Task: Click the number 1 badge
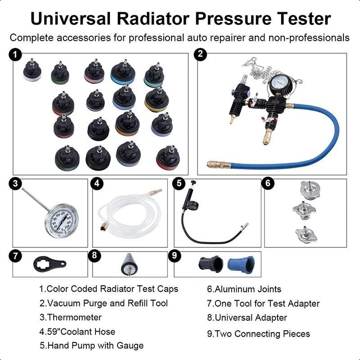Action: tap(15, 55)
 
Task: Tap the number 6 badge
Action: tap(268, 183)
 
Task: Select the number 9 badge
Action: tap(175, 255)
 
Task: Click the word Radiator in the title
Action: tap(153, 18)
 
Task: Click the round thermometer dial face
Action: tap(61, 221)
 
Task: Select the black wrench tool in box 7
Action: tap(49, 264)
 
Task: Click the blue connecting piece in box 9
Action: tap(241, 265)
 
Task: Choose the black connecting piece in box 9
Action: tap(211, 264)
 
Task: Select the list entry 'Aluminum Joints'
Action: tap(244, 289)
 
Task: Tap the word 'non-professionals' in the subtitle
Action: tap(309, 38)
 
